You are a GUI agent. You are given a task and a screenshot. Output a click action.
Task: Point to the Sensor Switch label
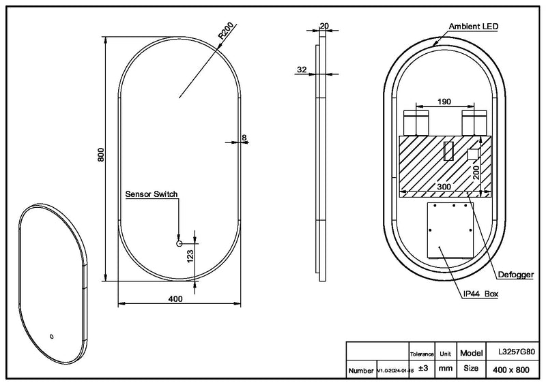[x=152, y=194]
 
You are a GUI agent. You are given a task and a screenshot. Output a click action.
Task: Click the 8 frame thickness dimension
[x=244, y=138]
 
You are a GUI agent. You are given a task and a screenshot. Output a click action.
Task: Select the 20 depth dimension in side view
[x=324, y=26]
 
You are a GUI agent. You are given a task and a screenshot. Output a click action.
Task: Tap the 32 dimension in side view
[x=302, y=69]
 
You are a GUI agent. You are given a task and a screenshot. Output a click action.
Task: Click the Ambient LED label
[x=474, y=26]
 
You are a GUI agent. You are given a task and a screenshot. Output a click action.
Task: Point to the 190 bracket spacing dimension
[x=444, y=102]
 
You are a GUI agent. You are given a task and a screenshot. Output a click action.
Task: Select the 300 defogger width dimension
[x=444, y=186]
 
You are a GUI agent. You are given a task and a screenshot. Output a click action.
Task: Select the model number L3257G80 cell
[x=515, y=354]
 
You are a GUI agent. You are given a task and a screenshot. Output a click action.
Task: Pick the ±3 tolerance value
[x=422, y=369]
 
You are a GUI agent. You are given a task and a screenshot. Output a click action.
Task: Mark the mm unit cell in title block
[x=446, y=369]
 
